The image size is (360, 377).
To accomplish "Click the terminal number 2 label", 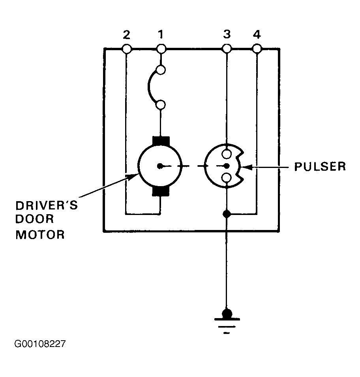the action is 127,35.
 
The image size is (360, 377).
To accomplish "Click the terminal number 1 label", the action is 161,34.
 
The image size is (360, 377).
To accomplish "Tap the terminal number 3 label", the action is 227,34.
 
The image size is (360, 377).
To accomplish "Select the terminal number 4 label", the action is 257,35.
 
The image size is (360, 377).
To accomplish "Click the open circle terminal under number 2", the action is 127,49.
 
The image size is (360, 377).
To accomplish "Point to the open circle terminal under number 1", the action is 161,49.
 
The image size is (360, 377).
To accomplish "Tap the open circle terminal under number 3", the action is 227,49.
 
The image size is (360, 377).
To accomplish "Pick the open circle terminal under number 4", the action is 257,49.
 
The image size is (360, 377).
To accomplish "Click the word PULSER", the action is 320,167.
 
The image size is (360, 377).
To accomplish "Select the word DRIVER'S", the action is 47,205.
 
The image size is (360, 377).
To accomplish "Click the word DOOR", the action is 35,219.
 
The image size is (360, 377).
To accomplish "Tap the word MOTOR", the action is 40,234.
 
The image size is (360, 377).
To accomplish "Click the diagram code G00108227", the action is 40,344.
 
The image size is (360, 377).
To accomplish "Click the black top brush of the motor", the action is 161,141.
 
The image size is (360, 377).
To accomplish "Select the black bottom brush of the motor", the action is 161,191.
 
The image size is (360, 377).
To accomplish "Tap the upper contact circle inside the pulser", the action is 227,154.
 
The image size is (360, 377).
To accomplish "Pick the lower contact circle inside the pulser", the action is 227,178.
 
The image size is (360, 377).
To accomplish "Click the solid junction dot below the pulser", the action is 227,213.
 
